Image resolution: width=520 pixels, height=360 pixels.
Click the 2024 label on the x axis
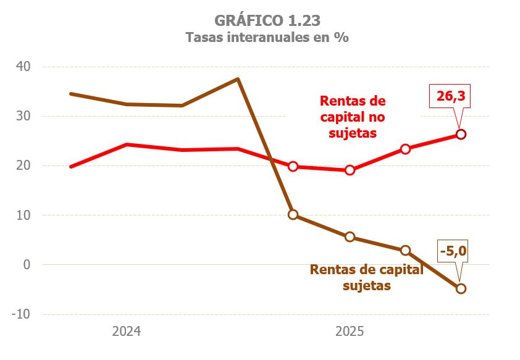tap(126, 332)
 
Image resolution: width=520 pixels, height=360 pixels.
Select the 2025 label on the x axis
tap(350, 332)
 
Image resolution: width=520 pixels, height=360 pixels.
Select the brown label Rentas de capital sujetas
tap(366, 277)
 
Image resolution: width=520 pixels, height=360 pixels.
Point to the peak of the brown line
tap(238, 79)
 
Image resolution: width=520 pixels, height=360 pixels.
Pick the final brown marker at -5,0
tap(461, 288)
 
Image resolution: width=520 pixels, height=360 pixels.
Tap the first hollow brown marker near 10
tap(293, 214)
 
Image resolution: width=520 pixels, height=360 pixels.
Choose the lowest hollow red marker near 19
tap(350, 170)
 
